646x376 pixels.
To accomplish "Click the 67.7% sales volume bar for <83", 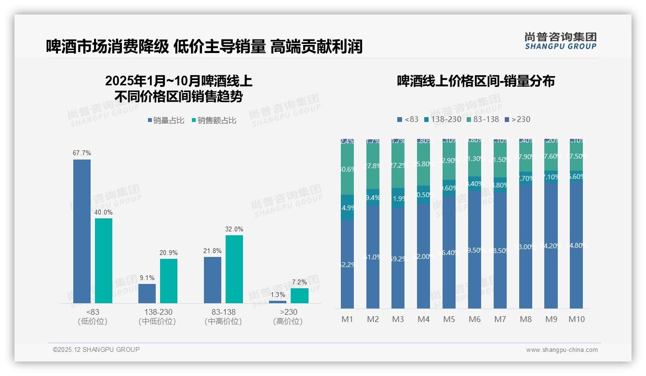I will click(x=82, y=231).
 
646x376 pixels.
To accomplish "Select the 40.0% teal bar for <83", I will click(x=104, y=261).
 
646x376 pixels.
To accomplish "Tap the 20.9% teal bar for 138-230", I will click(x=169, y=281).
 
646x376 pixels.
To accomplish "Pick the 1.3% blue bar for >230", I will click(x=277, y=302).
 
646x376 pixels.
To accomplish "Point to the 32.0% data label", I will click(x=234, y=229).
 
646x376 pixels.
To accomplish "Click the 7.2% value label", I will click(x=299, y=282).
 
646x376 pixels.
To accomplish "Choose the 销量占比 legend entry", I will click(x=166, y=121).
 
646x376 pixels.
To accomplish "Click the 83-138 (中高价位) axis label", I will click(x=223, y=317).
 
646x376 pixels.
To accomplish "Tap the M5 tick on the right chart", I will click(x=449, y=319).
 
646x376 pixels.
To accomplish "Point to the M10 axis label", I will click(x=576, y=319).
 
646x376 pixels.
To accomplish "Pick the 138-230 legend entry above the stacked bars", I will click(x=443, y=119).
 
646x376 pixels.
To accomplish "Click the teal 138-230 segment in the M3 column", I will click(x=398, y=198).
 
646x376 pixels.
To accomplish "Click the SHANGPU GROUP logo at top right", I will click(x=560, y=41).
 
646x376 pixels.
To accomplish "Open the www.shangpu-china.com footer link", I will click(x=562, y=350).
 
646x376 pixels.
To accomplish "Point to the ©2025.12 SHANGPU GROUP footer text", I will click(x=96, y=349).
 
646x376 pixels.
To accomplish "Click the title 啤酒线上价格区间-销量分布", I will click(x=476, y=81).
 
